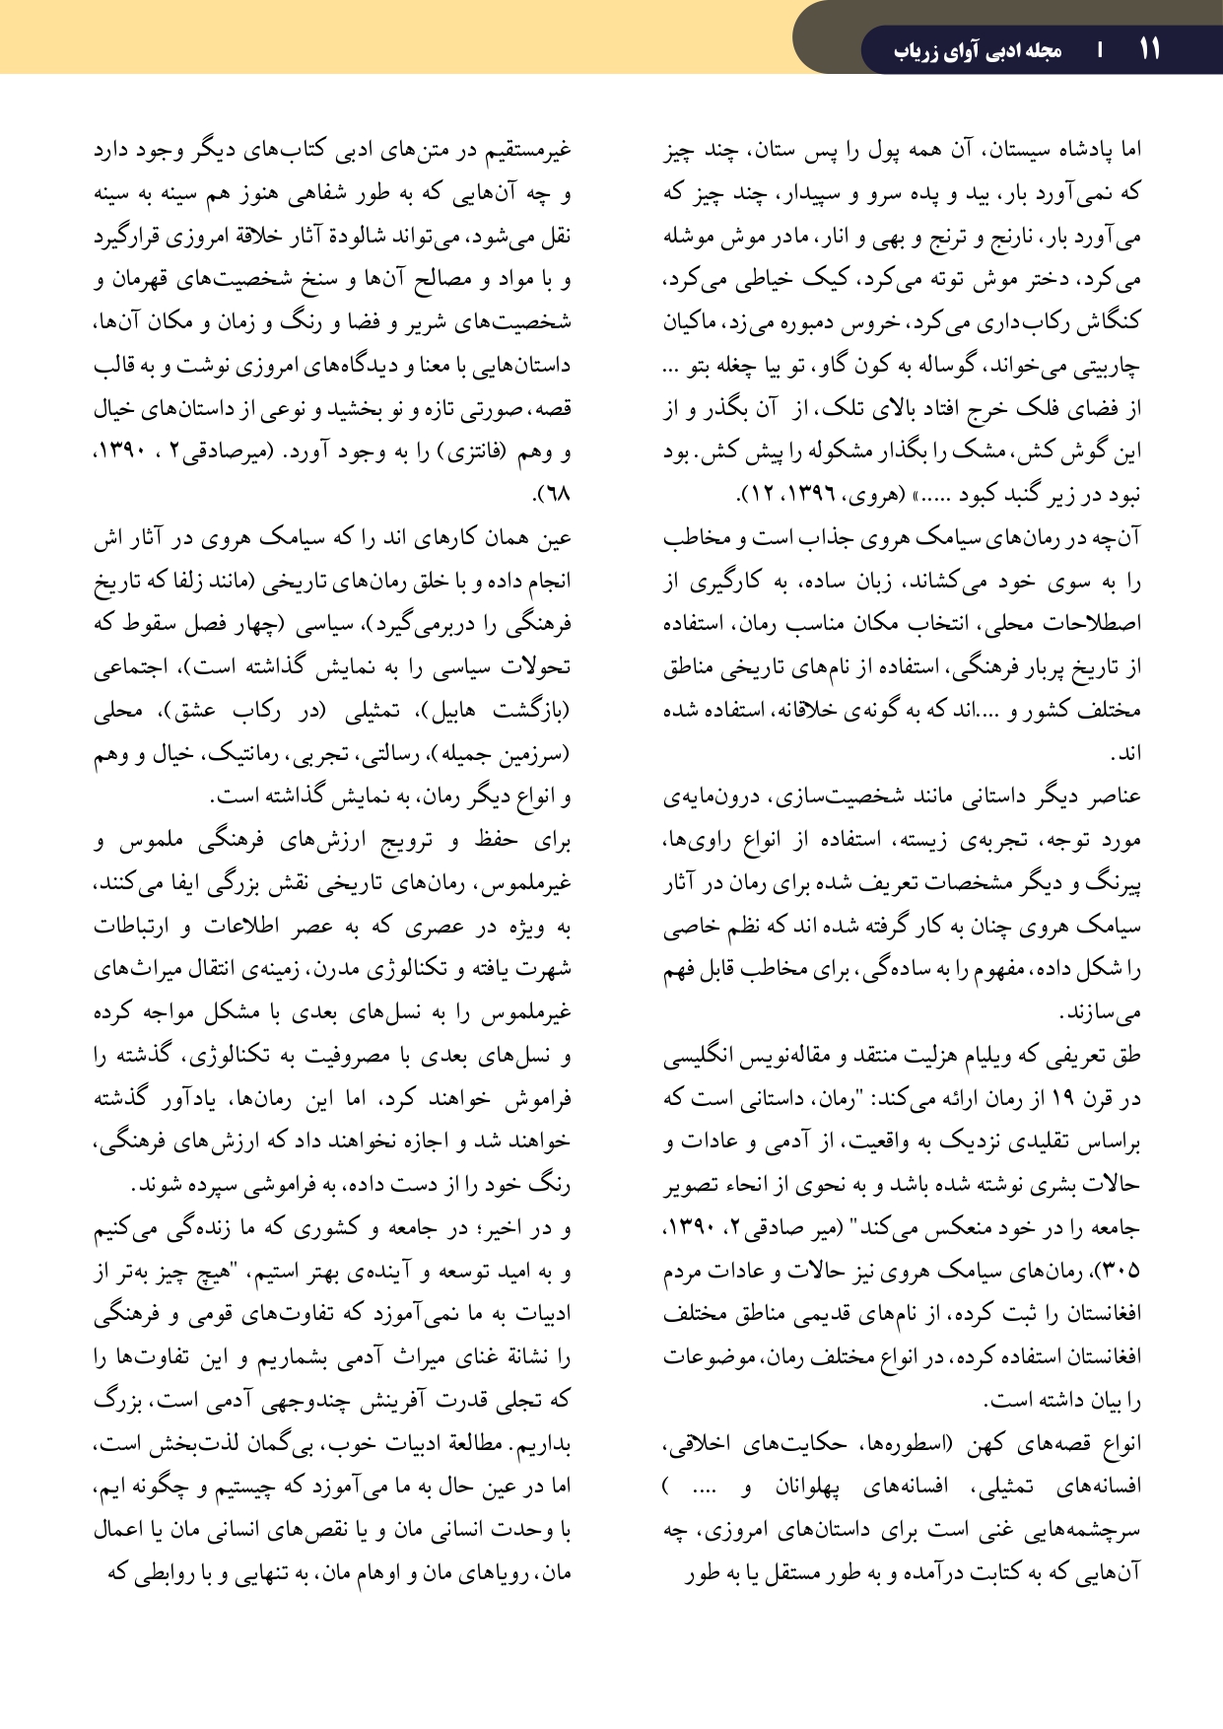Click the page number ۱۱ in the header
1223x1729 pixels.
click(1149, 49)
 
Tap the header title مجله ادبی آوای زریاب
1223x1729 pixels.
click(978, 50)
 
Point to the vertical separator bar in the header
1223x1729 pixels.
click(1100, 50)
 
